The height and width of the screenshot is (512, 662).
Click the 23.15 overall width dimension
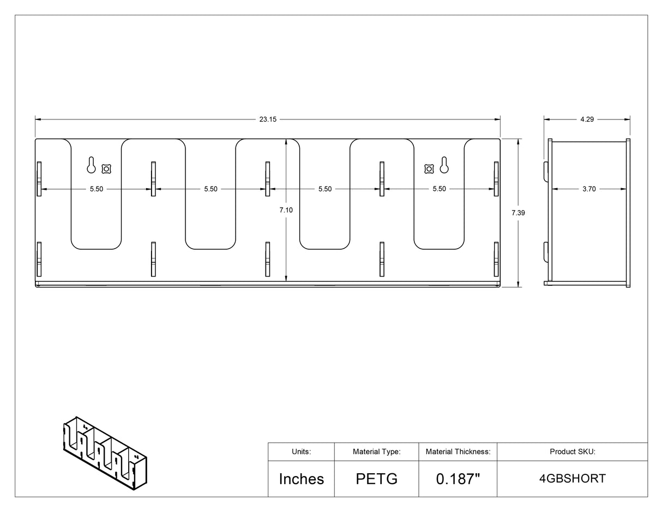tap(268, 119)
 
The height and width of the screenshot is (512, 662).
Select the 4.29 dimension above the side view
tap(587, 119)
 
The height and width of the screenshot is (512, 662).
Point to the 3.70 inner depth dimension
tap(589, 189)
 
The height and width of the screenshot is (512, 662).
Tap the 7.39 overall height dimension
tap(518, 213)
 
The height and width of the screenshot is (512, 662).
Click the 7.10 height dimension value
tap(286, 210)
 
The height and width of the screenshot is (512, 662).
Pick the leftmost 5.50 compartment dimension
tap(97, 189)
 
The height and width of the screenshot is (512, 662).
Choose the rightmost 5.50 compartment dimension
tap(439, 189)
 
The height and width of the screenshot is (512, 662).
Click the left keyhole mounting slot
tap(91, 165)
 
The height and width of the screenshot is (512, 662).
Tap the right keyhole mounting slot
tap(444, 165)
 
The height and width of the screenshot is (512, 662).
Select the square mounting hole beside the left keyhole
tap(106, 168)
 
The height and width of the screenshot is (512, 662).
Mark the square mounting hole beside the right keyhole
tap(429, 168)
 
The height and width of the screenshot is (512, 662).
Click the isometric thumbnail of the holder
tap(105, 454)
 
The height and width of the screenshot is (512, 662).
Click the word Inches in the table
tap(302, 479)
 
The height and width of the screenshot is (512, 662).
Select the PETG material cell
tap(377, 479)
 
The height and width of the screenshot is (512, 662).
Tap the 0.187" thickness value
tap(458, 479)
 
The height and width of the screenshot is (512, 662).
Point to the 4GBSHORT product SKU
tap(573, 479)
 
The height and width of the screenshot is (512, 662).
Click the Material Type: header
tap(377, 451)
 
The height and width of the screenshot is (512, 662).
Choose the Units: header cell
tap(302, 451)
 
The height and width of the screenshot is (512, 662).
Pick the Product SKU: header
tap(573, 451)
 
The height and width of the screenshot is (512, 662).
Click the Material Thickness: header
tap(458, 451)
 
